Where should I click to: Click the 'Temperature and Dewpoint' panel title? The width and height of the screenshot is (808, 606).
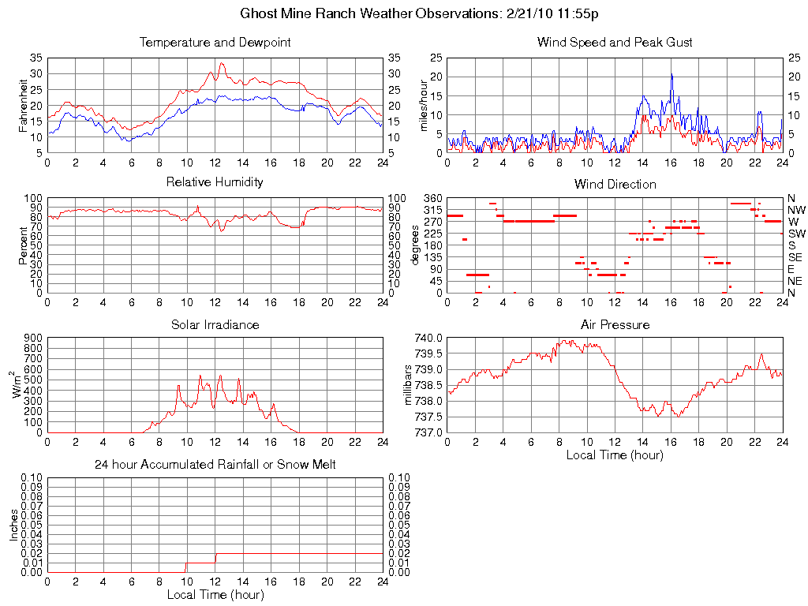(215, 43)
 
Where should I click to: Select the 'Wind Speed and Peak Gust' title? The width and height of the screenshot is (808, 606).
(615, 43)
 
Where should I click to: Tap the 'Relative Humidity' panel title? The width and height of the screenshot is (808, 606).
(215, 182)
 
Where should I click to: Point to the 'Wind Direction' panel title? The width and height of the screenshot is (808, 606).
(615, 185)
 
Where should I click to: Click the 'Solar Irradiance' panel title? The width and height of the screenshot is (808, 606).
(215, 324)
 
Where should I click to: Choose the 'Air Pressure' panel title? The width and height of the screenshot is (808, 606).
(615, 324)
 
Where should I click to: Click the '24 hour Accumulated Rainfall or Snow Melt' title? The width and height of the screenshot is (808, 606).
(215, 465)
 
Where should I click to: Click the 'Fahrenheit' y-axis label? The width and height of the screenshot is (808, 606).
(23, 105)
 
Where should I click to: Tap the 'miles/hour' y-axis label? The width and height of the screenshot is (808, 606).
(424, 105)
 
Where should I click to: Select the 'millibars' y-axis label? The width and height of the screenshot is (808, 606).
(408, 385)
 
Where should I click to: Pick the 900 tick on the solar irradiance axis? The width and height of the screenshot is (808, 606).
(32, 338)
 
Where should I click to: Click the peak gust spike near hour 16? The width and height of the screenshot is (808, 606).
(671, 75)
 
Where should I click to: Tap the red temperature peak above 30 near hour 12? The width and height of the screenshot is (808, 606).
(222, 64)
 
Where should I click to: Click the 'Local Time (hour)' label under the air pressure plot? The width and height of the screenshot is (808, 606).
(615, 454)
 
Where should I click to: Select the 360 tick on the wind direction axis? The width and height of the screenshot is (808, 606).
(431, 198)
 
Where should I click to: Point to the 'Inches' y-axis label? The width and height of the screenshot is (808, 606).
(13, 524)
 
